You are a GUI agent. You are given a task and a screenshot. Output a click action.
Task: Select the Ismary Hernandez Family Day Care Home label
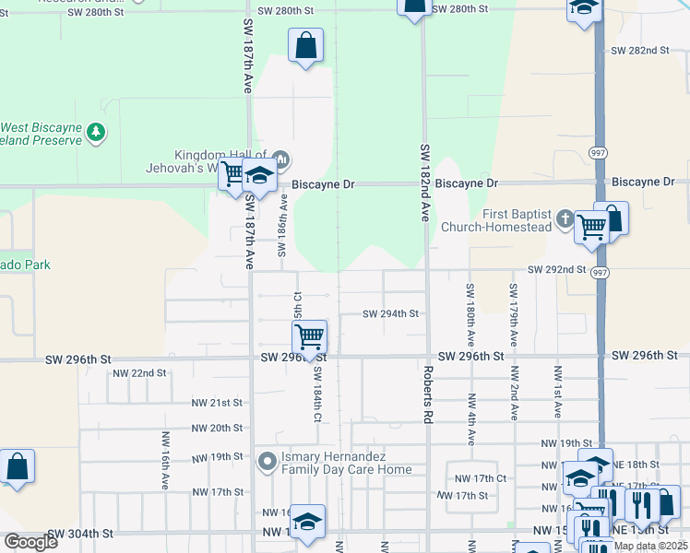point(346,464)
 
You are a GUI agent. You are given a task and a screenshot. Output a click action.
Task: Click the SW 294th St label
point(390,313)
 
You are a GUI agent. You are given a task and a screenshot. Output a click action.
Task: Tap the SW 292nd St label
point(556,269)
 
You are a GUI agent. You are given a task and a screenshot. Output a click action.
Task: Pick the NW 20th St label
point(217,428)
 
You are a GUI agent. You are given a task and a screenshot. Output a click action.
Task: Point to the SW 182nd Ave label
point(425,182)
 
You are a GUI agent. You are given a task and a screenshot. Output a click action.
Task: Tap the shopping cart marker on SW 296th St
point(310,336)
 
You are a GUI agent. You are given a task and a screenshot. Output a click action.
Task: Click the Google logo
point(30,542)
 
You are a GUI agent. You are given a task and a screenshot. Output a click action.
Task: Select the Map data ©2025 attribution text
point(650,546)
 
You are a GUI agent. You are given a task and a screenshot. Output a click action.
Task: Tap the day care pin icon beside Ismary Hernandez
point(268,460)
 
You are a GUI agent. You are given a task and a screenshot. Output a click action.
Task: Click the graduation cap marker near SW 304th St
point(308,521)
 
